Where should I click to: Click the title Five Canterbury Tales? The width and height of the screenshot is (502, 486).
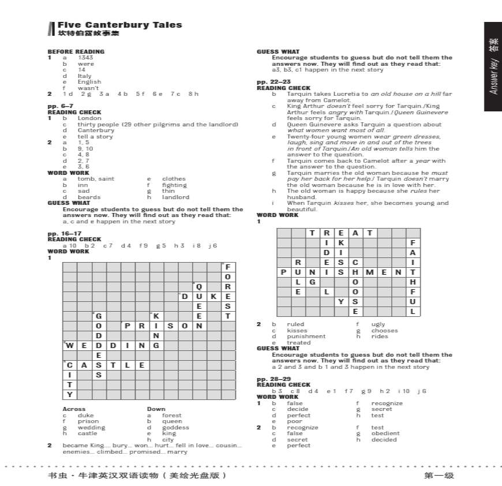coord(119,25)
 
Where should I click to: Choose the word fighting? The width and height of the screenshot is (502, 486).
coord(174,185)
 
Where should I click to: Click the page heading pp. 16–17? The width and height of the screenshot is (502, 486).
coord(61,234)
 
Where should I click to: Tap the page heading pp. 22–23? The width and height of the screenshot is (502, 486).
coord(274,82)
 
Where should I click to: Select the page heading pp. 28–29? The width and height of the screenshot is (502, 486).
coord(274,379)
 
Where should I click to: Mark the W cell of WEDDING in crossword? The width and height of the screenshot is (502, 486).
coord(70,346)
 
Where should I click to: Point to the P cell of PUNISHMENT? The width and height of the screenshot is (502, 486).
coord(283,272)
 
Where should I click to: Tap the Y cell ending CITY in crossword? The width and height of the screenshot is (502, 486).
coord(70,395)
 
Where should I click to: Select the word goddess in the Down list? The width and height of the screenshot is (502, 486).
coord(175,428)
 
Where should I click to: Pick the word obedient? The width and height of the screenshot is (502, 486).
coord(385,433)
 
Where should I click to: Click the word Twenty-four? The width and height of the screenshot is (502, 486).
coord(306,137)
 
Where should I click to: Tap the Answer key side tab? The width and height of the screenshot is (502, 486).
coord(493,66)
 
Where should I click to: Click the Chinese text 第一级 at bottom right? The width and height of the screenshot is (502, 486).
coord(439,476)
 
